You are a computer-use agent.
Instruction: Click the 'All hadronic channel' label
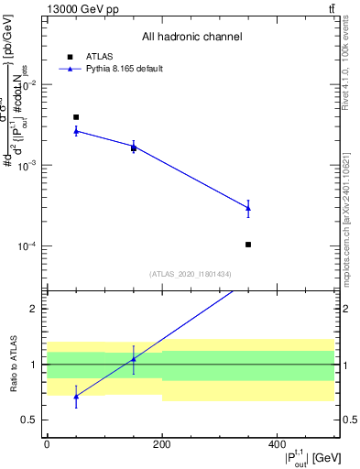tap(191, 38)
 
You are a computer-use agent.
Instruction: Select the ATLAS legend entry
tap(96, 56)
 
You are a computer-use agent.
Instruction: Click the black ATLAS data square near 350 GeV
tap(248, 245)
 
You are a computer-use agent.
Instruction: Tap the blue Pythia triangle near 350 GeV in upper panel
tap(248, 208)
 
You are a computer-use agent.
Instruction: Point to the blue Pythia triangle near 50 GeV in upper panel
tap(76, 131)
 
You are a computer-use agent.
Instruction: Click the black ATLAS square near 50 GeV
tap(76, 117)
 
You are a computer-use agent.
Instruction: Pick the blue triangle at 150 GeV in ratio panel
tap(134, 359)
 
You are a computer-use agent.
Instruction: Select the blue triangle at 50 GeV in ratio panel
tap(76, 397)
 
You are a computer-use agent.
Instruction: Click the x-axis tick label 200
tap(162, 443)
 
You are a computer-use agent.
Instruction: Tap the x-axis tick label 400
tap(277, 443)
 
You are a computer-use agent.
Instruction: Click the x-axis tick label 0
tap(47, 443)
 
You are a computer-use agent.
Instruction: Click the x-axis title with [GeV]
tap(301, 458)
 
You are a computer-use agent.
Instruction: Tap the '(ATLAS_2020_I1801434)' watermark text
tap(191, 274)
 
